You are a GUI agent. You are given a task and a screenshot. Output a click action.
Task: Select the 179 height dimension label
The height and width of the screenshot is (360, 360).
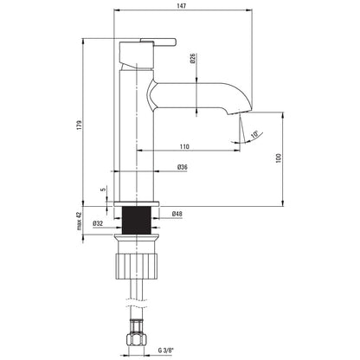click(80, 125)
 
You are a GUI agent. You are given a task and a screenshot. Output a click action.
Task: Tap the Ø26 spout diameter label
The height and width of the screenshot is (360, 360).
click(193, 59)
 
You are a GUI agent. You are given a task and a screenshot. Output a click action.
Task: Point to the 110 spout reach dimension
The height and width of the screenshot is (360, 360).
click(184, 146)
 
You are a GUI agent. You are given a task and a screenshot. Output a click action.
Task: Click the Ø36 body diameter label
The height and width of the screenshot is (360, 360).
click(183, 167)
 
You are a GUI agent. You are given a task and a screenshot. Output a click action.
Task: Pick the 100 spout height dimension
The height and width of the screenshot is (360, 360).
click(279, 158)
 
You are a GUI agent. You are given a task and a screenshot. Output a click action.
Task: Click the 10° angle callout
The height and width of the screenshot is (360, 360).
click(254, 135)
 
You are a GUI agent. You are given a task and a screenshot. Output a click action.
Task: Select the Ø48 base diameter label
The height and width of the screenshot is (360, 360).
click(177, 214)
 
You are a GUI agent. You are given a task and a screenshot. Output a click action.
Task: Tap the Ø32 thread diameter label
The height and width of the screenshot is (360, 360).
click(98, 223)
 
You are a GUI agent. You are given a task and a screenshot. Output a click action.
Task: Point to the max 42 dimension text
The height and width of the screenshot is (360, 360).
click(80, 221)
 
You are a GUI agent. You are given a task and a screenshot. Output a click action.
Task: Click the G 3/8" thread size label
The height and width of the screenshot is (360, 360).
click(165, 350)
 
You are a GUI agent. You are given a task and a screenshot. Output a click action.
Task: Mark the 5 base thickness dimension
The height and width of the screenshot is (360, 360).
click(103, 190)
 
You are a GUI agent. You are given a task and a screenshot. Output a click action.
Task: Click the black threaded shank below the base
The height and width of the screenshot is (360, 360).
click(137, 221)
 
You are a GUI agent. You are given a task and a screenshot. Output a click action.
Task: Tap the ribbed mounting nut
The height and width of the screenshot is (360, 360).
click(137, 266)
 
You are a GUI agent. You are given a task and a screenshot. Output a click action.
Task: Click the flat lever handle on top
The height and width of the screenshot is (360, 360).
click(158, 42)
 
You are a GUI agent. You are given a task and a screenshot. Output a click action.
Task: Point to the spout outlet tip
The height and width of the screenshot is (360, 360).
click(240, 112)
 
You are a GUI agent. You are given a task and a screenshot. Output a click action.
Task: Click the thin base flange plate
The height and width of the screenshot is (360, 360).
click(137, 204)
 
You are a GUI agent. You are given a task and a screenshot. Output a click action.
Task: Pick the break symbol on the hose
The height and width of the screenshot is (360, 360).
click(137, 303)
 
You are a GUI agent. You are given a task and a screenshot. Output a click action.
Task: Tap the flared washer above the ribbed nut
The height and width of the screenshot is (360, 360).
click(137, 239)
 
